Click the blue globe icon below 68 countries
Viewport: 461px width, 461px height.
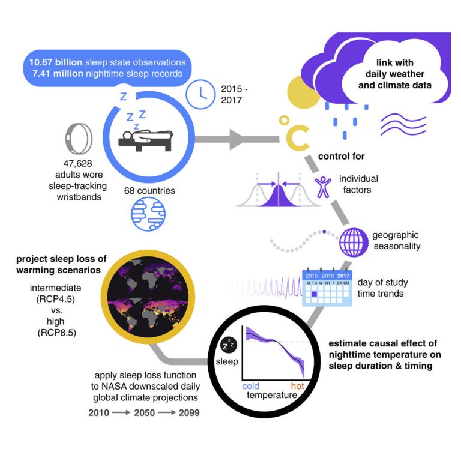click(x=148, y=214)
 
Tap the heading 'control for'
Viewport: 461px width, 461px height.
click(x=342, y=156)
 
